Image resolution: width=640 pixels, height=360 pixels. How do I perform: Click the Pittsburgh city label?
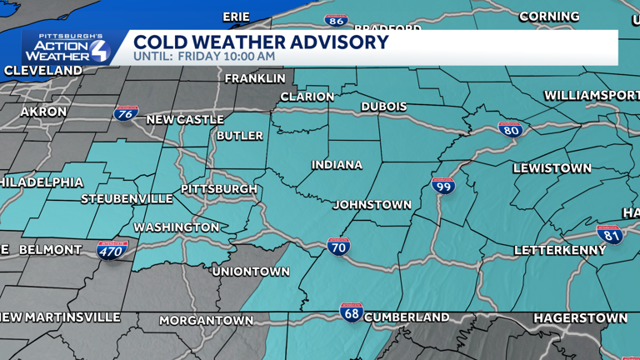[x=219, y=189]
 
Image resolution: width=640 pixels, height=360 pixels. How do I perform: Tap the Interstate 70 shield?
[x=338, y=246]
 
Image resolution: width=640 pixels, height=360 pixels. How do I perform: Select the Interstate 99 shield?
[x=443, y=187]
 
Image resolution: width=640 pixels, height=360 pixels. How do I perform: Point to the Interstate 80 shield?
[x=511, y=129]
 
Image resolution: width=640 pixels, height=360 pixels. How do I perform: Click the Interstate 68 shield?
[x=352, y=312]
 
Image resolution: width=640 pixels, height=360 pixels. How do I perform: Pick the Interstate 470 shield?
[x=111, y=249]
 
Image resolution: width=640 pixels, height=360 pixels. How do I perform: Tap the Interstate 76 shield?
[x=127, y=114]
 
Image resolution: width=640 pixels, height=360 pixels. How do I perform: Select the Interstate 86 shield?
[x=337, y=21]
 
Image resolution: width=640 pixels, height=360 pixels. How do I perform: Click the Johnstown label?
[x=372, y=205]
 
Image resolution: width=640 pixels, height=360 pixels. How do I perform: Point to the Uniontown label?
[x=251, y=272]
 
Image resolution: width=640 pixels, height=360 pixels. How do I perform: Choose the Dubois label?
[x=384, y=107]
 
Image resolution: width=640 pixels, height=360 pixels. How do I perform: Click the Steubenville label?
[x=127, y=199]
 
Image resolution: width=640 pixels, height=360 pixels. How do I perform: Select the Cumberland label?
[x=407, y=317]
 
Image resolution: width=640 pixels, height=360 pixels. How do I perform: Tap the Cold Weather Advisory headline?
[x=261, y=42]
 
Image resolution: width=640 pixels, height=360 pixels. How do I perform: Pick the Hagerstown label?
[x=580, y=318]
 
